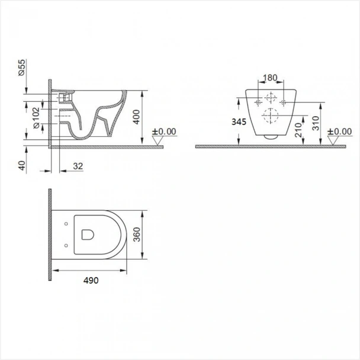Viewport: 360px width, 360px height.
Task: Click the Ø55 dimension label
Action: tap(22, 67)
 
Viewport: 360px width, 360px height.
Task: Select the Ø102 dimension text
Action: tap(37, 118)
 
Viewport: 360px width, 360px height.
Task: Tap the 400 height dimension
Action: tap(136, 117)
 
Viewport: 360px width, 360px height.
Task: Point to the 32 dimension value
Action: tap(78, 166)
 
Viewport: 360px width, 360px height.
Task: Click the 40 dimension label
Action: tap(22, 166)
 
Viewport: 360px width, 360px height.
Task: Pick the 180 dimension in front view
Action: tap(270, 78)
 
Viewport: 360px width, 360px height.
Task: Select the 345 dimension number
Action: tap(239, 122)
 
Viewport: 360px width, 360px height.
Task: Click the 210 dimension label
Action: tap(298, 130)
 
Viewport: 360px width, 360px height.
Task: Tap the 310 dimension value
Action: tap(316, 123)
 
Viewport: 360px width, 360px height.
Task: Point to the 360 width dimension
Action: tap(137, 234)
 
